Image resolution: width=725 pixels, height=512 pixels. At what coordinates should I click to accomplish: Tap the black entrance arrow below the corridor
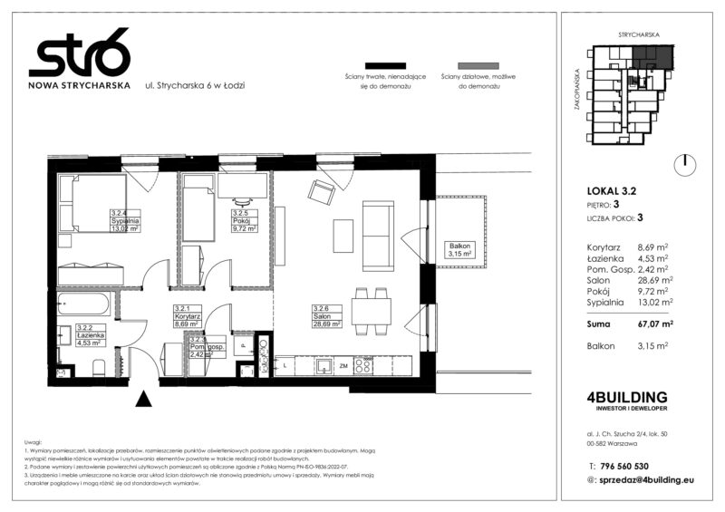(143, 398)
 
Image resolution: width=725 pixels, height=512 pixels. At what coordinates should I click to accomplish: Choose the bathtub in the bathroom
(86, 304)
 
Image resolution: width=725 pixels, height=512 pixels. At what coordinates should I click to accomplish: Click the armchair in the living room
(321, 192)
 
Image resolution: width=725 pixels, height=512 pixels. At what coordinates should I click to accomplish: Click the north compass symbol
(686, 164)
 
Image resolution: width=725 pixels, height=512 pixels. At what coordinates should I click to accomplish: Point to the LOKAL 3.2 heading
(614, 190)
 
